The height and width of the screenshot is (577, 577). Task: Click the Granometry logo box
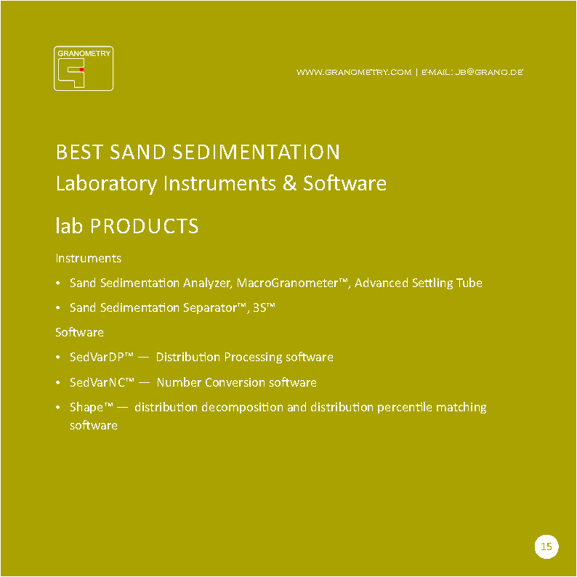pos(84,68)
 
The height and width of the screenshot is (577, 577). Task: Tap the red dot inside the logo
pos(81,69)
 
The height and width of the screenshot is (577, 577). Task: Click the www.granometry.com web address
pos(354,72)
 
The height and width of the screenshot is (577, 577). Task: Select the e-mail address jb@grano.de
pos(489,72)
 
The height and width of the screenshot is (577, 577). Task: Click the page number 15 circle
pos(546,546)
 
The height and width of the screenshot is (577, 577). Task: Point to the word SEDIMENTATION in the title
pos(256,152)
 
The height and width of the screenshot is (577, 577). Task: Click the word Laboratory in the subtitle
pos(106,184)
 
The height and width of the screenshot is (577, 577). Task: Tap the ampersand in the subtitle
pos(290,183)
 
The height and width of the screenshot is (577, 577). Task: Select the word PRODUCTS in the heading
pos(144,226)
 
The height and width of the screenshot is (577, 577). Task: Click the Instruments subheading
pos(89,258)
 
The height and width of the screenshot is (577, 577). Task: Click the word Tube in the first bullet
pos(469,283)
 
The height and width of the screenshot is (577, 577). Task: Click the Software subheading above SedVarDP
pos(79,332)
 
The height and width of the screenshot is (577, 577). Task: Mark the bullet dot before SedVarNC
pos(58,383)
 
